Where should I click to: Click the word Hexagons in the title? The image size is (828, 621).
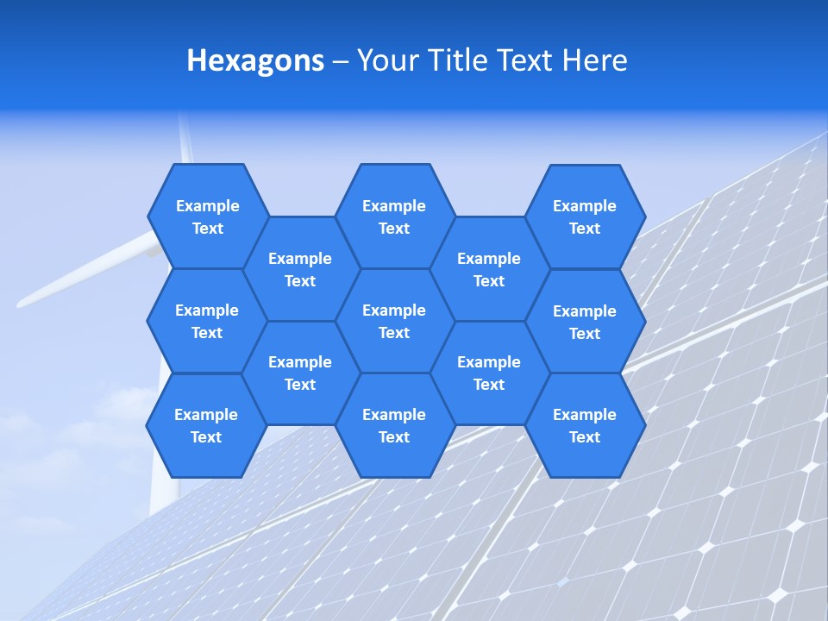coord(255,60)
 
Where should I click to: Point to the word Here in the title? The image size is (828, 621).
coord(594,60)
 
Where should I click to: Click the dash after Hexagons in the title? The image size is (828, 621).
coord(340,61)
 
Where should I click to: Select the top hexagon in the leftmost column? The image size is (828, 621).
coord(207,216)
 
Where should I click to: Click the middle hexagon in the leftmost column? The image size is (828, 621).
coord(207,321)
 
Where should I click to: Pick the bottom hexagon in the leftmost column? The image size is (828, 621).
coord(206,425)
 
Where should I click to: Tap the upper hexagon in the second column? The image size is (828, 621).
coord(300,269)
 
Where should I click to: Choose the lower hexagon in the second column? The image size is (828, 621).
coord(300,373)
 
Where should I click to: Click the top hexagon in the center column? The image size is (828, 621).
coord(394,216)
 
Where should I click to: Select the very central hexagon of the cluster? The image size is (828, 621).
coord(394,321)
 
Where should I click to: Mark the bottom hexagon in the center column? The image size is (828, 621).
coord(394,425)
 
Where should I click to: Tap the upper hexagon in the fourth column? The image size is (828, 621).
coord(489,269)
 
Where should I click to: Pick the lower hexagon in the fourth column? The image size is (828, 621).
coord(489,373)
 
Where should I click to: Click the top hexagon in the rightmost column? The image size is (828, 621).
coord(585,216)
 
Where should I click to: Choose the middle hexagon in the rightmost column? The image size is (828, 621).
coord(585,322)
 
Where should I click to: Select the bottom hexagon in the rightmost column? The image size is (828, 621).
coord(585,425)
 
